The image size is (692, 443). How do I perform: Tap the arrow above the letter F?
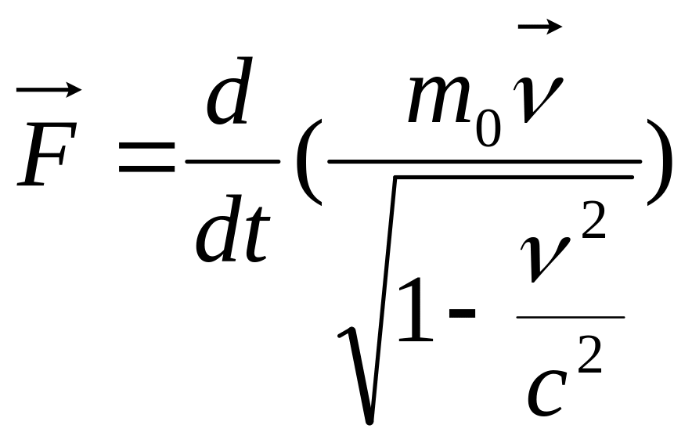tap(49, 91)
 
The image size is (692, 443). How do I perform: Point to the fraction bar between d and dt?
tap(232, 161)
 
